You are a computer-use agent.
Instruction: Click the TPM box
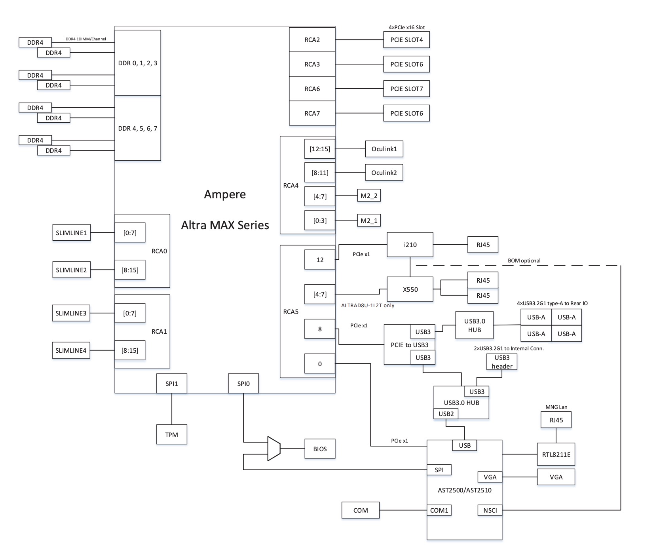171,434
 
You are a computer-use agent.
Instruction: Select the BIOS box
320,449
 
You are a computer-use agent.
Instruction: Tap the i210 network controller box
410,245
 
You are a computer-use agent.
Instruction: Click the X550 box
410,289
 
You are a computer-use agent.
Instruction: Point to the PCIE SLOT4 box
406,40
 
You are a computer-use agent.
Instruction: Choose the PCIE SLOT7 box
406,89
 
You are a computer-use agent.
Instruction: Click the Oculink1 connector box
384,149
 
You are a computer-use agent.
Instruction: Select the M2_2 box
369,196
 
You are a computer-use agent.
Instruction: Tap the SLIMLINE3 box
71,313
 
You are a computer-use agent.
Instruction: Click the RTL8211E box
556,454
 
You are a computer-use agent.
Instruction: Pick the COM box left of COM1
361,510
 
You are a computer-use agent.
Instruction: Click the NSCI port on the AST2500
490,510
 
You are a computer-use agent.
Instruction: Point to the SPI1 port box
172,383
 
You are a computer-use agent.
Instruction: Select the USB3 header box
502,362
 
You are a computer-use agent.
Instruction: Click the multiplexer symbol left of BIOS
274,449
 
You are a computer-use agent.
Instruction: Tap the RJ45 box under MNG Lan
556,420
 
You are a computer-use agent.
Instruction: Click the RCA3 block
312,64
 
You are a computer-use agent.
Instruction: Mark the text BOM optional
524,260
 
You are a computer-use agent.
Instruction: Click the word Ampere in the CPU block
225,194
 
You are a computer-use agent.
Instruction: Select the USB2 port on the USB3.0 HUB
446,414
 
